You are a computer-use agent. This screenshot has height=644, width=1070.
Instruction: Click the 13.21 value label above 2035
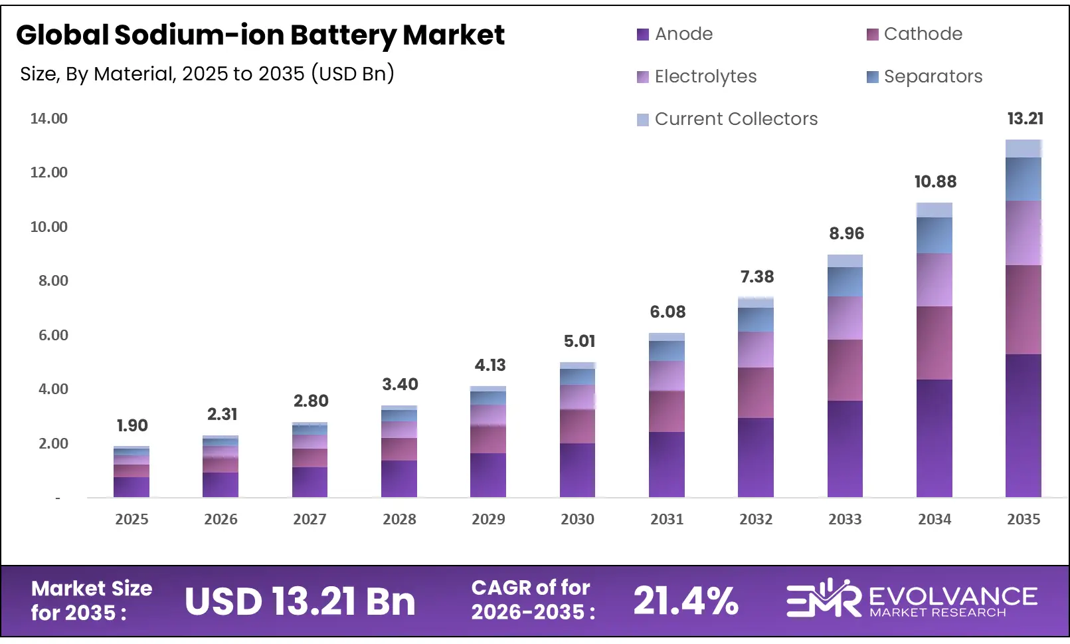1025,119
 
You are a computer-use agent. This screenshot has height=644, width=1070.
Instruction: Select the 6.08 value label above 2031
667,312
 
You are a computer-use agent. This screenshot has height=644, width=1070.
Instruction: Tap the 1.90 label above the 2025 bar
132,425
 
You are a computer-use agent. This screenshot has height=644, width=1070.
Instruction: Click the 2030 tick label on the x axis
577,520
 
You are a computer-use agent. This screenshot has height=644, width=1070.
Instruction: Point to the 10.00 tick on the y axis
49,227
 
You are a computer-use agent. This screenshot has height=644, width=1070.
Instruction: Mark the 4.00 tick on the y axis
53,389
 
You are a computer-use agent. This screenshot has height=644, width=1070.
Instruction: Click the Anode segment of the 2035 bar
1023,425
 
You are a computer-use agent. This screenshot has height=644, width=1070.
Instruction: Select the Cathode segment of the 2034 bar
934,342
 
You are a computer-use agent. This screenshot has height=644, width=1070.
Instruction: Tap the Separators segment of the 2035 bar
1023,179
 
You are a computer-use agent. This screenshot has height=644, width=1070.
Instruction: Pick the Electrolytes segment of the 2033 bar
845,318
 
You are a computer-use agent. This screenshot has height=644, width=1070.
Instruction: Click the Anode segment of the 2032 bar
755,457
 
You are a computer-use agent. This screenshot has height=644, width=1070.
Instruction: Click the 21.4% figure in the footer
685,601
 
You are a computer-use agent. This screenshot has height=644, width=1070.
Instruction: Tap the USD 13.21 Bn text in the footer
300,601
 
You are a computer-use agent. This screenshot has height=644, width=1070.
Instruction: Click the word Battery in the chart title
343,35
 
